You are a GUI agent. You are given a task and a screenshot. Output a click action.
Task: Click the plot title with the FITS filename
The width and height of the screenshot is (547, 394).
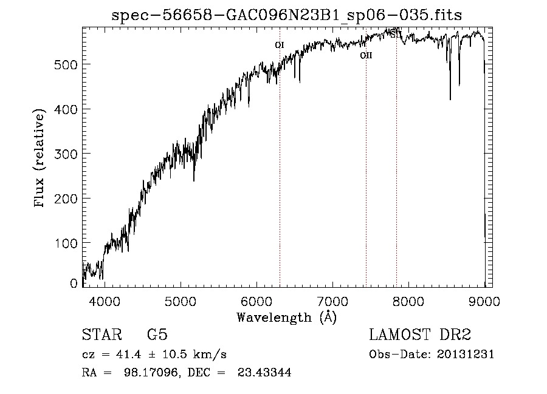pyautogui.click(x=287, y=16)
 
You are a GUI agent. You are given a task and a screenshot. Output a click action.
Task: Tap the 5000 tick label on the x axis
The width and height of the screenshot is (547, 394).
pyautogui.click(x=181, y=301)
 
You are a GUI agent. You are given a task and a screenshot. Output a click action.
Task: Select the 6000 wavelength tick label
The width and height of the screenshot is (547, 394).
pyautogui.click(x=256, y=301)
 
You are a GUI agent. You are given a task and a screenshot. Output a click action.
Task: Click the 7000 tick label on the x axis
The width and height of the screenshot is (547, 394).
pyautogui.click(x=332, y=301)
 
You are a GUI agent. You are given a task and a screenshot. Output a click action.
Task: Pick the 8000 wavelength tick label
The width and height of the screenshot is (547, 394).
pyautogui.click(x=408, y=301)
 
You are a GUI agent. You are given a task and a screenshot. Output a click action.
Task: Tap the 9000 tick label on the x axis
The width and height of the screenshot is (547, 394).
pyautogui.click(x=484, y=301)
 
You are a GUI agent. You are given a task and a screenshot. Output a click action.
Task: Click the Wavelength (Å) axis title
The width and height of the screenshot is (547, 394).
pyautogui.click(x=286, y=317)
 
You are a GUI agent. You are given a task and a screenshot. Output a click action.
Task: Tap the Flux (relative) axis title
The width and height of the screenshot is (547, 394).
pyautogui.click(x=40, y=159)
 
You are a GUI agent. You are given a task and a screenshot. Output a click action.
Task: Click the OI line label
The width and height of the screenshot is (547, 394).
pyautogui.click(x=280, y=45)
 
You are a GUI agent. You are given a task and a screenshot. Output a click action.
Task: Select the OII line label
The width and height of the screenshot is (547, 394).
pyautogui.click(x=366, y=55)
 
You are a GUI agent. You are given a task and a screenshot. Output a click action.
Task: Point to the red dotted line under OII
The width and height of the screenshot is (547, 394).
pyautogui.click(x=366, y=182)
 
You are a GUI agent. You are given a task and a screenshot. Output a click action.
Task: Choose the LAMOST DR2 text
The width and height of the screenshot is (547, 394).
pyautogui.click(x=419, y=335)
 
